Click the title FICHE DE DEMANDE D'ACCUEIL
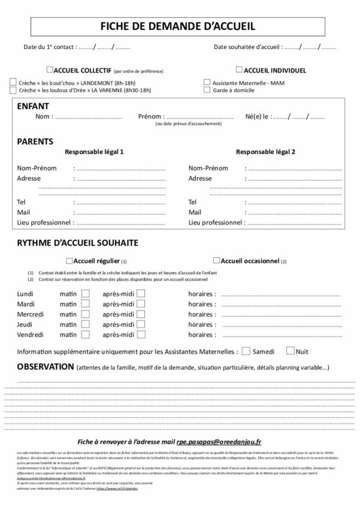click(180, 26)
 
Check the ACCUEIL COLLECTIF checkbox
click(50, 69)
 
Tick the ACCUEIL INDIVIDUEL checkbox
click(240, 69)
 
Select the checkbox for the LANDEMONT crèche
click(13, 82)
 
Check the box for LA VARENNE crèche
click(13, 90)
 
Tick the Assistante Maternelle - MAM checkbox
click(207, 82)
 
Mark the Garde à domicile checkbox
click(207, 90)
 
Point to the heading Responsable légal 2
click(265, 152)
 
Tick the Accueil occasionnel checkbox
click(217, 260)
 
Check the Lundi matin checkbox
click(86, 294)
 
